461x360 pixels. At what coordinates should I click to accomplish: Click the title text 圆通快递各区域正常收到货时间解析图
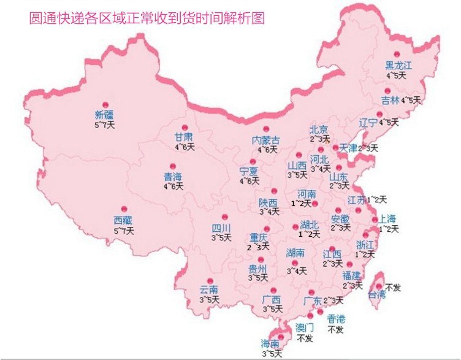[x=147, y=18]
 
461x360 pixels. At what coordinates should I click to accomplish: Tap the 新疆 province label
[x=104, y=115]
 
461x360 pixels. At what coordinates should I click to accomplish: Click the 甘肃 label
[x=184, y=137]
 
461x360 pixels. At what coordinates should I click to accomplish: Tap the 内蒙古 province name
[x=266, y=140]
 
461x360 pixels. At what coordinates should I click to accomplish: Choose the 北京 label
[x=319, y=129]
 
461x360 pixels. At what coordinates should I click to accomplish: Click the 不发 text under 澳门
[x=305, y=338]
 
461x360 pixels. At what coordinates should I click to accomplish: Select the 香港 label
[x=335, y=318]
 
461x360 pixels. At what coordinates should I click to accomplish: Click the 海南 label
[x=270, y=344]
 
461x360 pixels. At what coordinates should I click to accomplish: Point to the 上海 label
[x=389, y=218]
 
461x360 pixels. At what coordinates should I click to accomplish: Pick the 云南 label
[x=209, y=290]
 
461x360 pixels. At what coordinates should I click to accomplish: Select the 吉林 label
[x=389, y=100]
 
